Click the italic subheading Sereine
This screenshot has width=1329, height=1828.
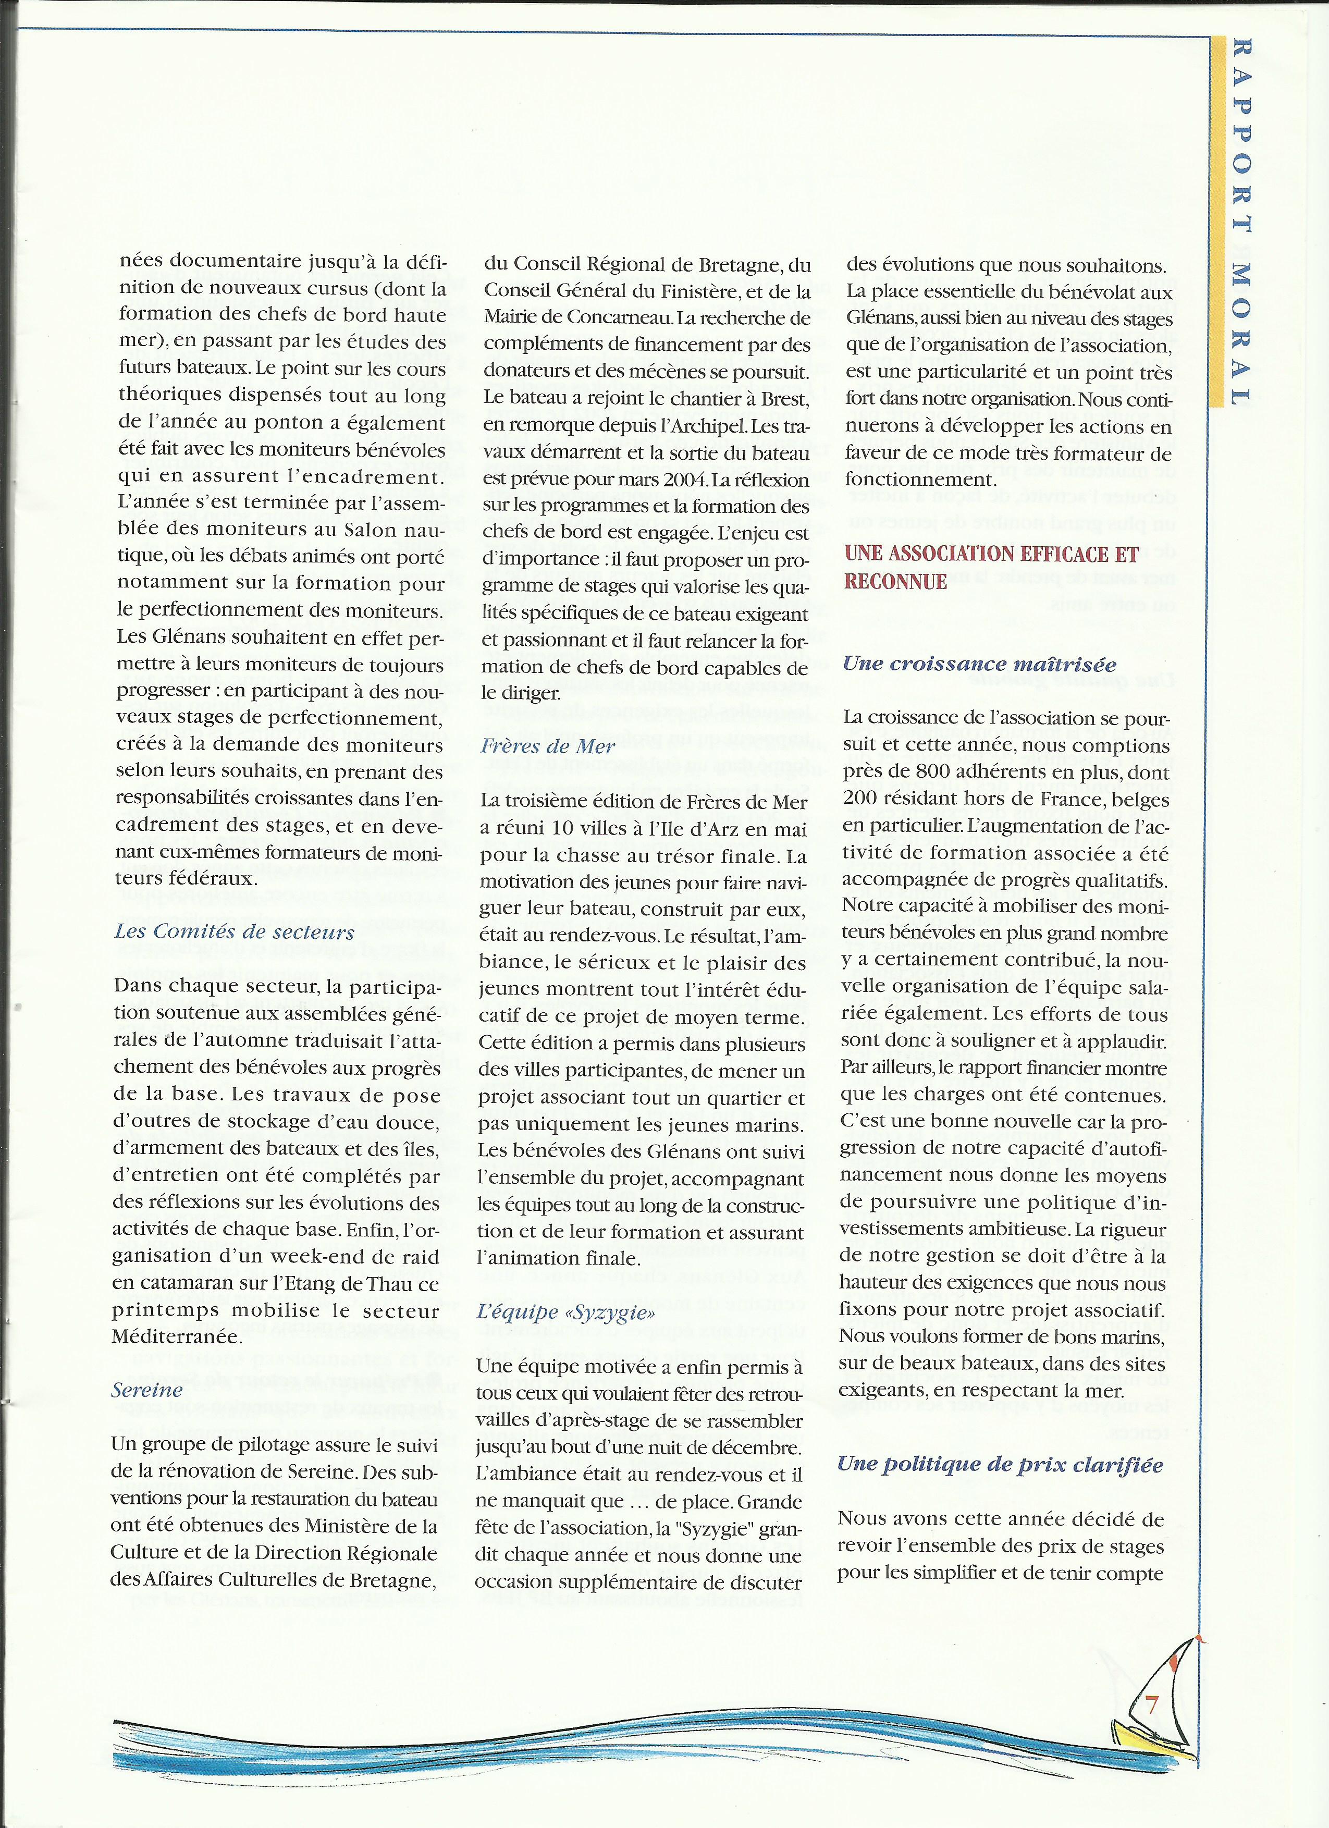click(147, 1390)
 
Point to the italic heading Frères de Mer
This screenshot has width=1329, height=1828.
click(548, 746)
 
